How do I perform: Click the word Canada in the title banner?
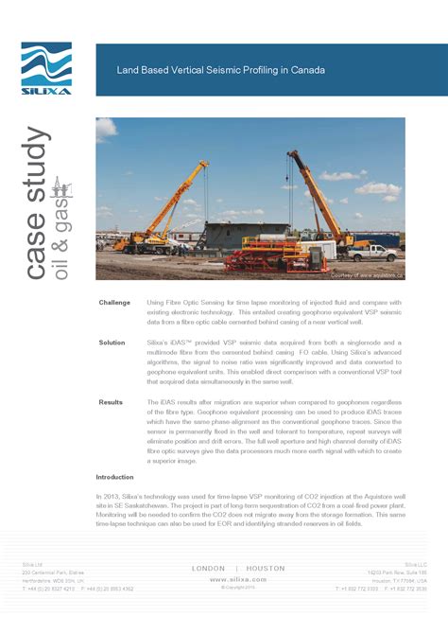point(308,70)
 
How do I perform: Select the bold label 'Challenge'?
point(114,303)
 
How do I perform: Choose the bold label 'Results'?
point(111,402)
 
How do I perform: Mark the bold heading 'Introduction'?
point(115,477)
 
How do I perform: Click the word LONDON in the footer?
point(208,568)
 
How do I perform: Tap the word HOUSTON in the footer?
point(266,568)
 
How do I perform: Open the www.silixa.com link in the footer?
point(236,578)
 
